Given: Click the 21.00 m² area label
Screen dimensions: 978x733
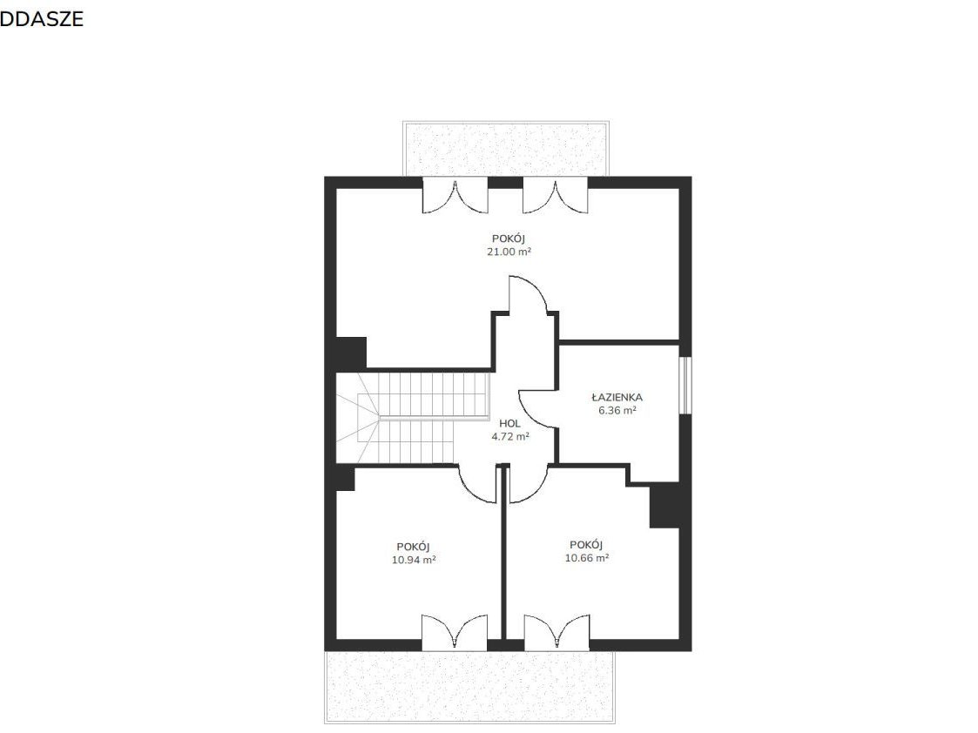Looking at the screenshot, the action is tap(509, 252).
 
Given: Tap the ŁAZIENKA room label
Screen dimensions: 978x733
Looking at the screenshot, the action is tap(617, 397).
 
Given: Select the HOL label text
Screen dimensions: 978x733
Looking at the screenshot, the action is tap(509, 423).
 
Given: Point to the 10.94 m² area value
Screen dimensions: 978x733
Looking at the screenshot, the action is tap(414, 560).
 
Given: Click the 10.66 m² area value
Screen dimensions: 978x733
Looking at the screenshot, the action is tap(587, 558).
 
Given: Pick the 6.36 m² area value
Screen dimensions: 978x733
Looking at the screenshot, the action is tap(617, 410).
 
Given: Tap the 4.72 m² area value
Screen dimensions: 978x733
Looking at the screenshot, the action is tap(510, 436).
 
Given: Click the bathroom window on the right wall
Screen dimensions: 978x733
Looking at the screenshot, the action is tap(685, 385).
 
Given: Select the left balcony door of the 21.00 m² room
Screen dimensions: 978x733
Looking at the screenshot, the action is tap(455, 195).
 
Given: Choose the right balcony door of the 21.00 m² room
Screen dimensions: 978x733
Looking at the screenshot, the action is tap(555, 195).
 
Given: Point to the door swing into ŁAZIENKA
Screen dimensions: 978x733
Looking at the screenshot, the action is tap(537, 409).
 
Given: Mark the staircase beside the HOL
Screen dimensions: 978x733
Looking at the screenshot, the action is tap(412, 418).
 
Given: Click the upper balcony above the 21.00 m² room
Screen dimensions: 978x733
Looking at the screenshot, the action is tap(506, 149).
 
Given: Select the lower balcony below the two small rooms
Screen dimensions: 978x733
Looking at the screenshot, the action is tap(469, 687).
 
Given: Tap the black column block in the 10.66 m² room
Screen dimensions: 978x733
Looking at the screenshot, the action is tap(664, 506).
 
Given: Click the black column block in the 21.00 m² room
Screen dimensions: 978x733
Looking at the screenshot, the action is tap(351, 353).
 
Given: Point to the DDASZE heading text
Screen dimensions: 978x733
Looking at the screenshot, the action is tap(42, 18).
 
